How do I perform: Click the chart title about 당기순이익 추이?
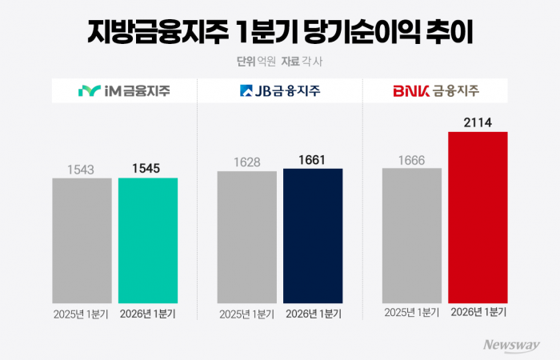pyautogui.click(x=280, y=34)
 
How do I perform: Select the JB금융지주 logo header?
pyautogui.click(x=280, y=90)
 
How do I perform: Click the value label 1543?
pyautogui.click(x=82, y=170)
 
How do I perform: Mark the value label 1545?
pyautogui.click(x=148, y=170)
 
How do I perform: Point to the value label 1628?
pyautogui.click(x=246, y=162)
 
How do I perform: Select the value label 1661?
pyautogui.click(x=313, y=160)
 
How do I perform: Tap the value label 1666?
pyautogui.click(x=412, y=159)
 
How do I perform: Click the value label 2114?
pyautogui.click(x=478, y=123)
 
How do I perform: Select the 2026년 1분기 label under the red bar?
pyautogui.click(x=478, y=313)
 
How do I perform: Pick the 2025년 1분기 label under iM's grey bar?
pyautogui.click(x=82, y=314)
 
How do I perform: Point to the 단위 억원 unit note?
pyautogui.click(x=254, y=61)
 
